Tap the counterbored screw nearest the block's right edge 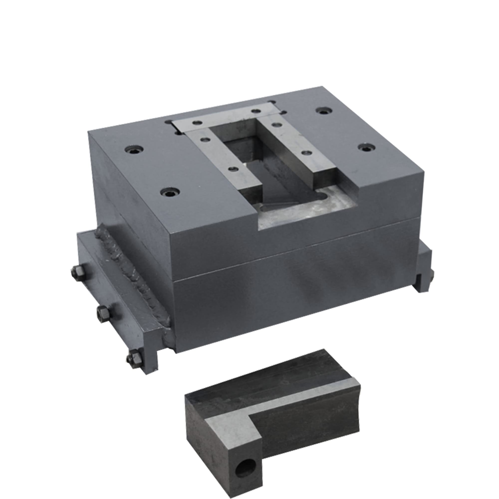(x=366, y=147)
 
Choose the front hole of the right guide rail (x=306, y=153)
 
